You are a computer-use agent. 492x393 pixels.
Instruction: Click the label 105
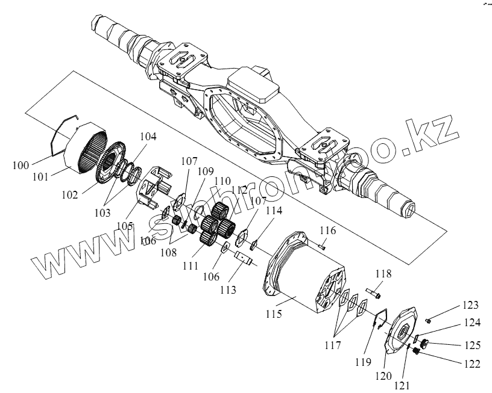(x=125, y=224)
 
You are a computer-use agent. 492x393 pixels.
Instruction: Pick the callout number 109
(x=206, y=172)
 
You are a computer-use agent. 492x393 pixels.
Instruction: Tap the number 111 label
(x=191, y=265)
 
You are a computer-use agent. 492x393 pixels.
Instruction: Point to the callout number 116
(x=327, y=231)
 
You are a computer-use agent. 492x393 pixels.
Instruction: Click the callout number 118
(x=383, y=274)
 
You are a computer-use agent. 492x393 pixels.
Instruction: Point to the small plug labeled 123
(x=427, y=318)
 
